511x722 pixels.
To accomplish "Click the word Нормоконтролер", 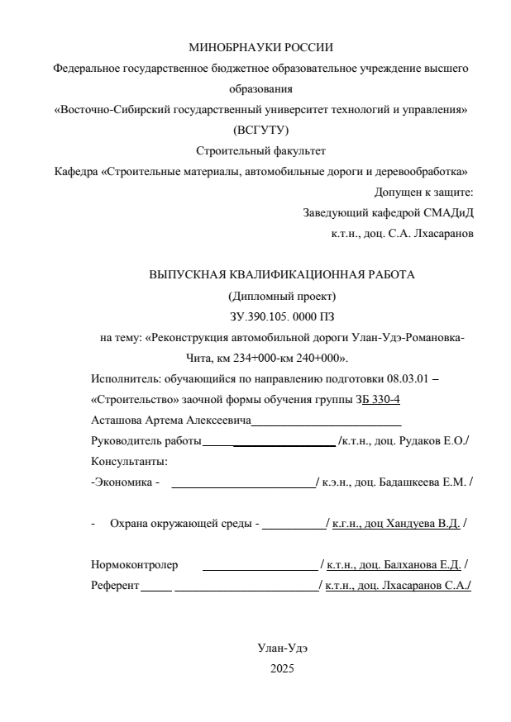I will coord(134,565).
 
